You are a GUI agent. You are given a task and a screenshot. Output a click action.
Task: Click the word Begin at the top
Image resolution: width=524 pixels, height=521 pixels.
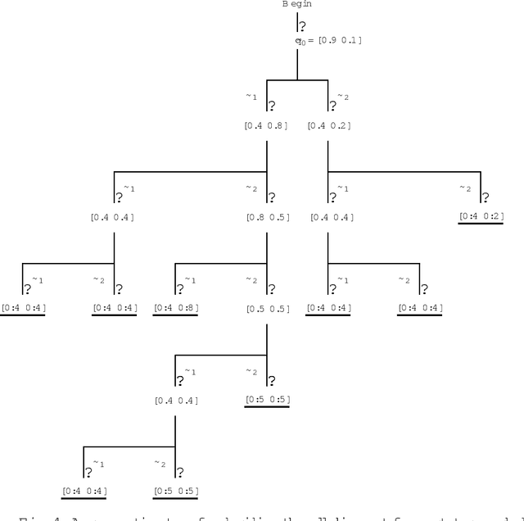tap(296, 4)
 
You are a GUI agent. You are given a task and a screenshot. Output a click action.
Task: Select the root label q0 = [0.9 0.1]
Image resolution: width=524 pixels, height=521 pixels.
tap(328, 39)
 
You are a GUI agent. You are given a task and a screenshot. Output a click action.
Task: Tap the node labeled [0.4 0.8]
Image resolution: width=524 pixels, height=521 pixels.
tap(267, 125)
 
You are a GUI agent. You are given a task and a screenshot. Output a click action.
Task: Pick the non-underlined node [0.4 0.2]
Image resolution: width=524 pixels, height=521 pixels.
tap(329, 125)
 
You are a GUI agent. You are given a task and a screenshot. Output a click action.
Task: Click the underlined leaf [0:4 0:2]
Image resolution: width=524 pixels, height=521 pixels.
tap(481, 216)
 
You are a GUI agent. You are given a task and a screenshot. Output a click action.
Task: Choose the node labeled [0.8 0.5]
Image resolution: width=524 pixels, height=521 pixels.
tap(267, 217)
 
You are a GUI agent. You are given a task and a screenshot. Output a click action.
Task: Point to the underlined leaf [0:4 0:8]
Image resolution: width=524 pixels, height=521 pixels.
tap(175, 308)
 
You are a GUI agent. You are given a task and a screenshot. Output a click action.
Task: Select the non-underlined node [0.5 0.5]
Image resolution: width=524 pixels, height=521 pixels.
tap(267, 309)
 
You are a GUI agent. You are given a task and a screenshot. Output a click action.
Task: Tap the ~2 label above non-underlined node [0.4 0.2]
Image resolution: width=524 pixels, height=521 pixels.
tap(343, 97)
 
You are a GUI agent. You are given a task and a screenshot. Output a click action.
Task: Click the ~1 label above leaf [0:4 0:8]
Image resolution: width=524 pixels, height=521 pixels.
tap(190, 280)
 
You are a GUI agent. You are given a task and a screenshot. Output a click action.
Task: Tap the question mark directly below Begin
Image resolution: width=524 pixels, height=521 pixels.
tap(303, 26)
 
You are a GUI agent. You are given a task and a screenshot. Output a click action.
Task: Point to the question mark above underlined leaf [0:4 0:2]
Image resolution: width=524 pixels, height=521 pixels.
tap(486, 197)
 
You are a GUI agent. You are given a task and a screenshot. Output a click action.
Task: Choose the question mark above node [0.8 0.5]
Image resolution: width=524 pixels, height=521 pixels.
tap(271, 197)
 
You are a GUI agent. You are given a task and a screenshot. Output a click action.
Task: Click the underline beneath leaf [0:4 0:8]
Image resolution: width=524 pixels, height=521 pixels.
tap(175, 315)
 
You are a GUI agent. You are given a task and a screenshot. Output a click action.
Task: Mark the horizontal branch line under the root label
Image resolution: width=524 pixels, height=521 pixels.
tap(297, 79)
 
